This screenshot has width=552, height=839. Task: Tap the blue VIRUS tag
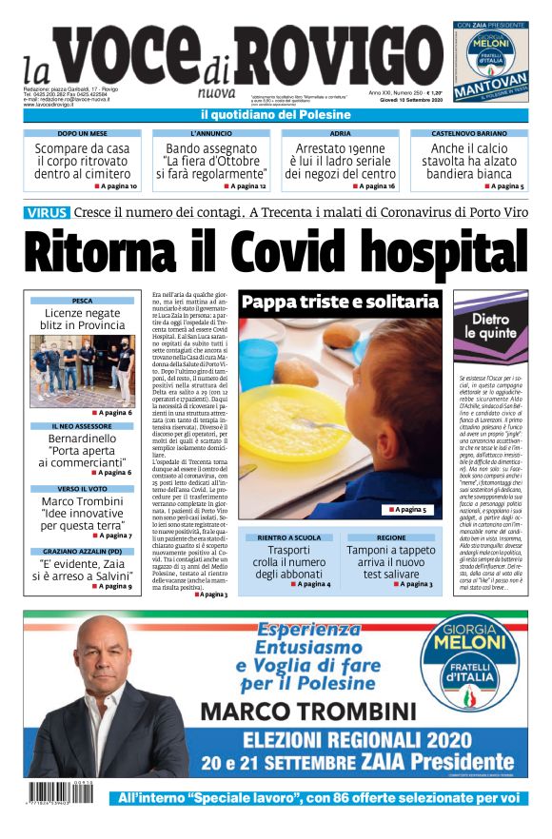pos(47,212)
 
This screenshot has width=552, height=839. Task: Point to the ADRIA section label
pos(340,134)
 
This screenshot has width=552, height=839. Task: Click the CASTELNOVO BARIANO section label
pos(468,134)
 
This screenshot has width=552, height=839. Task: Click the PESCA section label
pos(82,301)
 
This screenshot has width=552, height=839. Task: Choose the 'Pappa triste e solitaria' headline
pos(339,302)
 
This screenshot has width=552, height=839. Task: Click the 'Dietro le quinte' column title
pos(490,327)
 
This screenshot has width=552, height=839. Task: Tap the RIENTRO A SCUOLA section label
pos(286,537)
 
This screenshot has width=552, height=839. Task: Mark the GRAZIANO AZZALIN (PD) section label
pos(81,552)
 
